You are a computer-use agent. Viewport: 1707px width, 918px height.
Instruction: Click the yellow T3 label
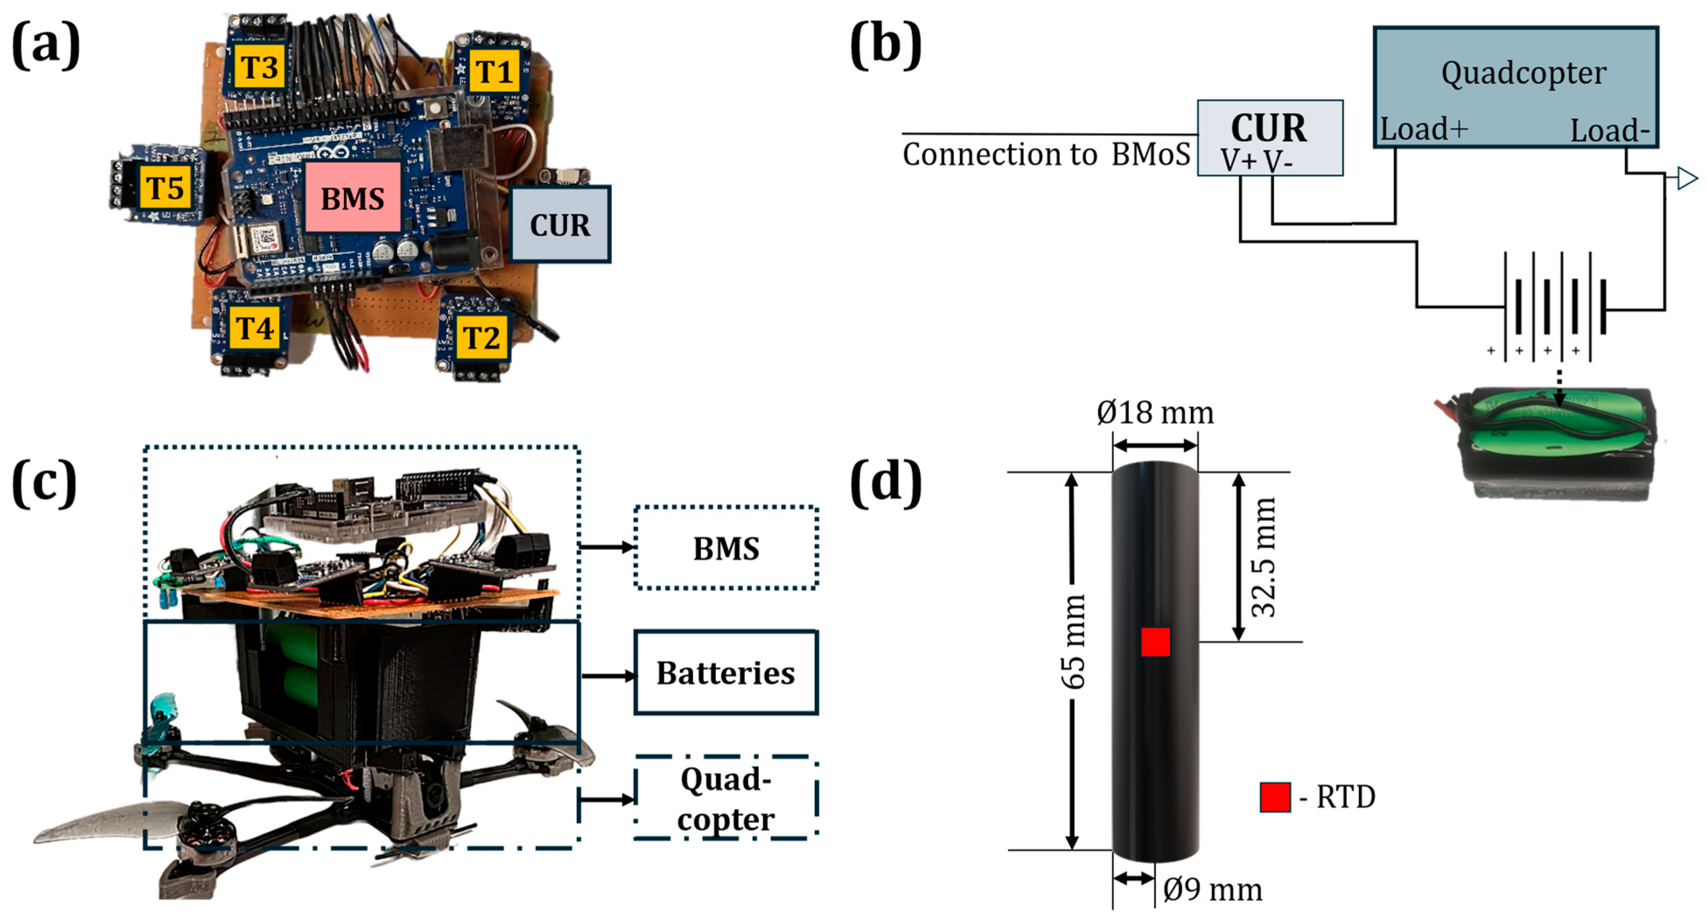click(258, 66)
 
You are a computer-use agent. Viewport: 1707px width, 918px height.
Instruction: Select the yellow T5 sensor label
click(165, 188)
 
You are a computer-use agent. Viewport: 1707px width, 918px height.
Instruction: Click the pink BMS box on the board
click(353, 197)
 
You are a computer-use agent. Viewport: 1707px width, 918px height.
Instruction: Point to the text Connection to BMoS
click(1046, 154)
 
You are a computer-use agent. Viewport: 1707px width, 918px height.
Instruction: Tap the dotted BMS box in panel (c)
click(726, 547)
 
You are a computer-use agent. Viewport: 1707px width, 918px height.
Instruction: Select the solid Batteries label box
click(726, 672)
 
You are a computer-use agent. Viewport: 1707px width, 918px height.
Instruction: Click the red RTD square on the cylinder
click(1155, 641)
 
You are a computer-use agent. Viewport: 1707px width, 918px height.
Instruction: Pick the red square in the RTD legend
click(1275, 797)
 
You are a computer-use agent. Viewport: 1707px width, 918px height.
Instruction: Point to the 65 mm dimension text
click(1074, 641)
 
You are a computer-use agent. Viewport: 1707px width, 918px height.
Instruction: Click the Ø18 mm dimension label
click(1155, 413)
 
